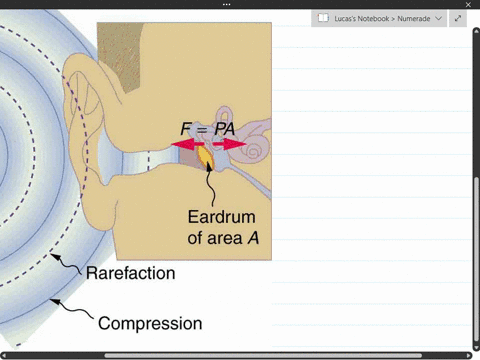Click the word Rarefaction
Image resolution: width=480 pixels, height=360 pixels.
pyautogui.click(x=130, y=273)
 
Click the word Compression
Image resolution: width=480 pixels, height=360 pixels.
pyautogui.click(x=149, y=323)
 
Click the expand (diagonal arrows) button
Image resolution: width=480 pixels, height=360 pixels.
pyautogui.click(x=458, y=18)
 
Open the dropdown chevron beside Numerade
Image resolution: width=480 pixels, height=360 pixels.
pyautogui.click(x=437, y=18)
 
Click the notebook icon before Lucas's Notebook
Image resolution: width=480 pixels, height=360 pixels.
pyautogui.click(x=322, y=18)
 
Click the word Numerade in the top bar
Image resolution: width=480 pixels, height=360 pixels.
pyautogui.click(x=411, y=18)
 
